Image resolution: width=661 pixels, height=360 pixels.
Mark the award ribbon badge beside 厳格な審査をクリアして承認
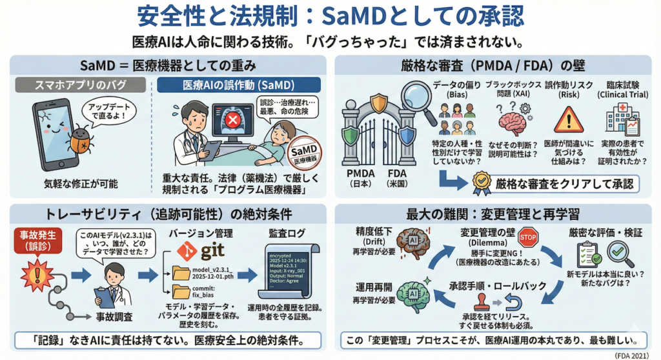(481, 183)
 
